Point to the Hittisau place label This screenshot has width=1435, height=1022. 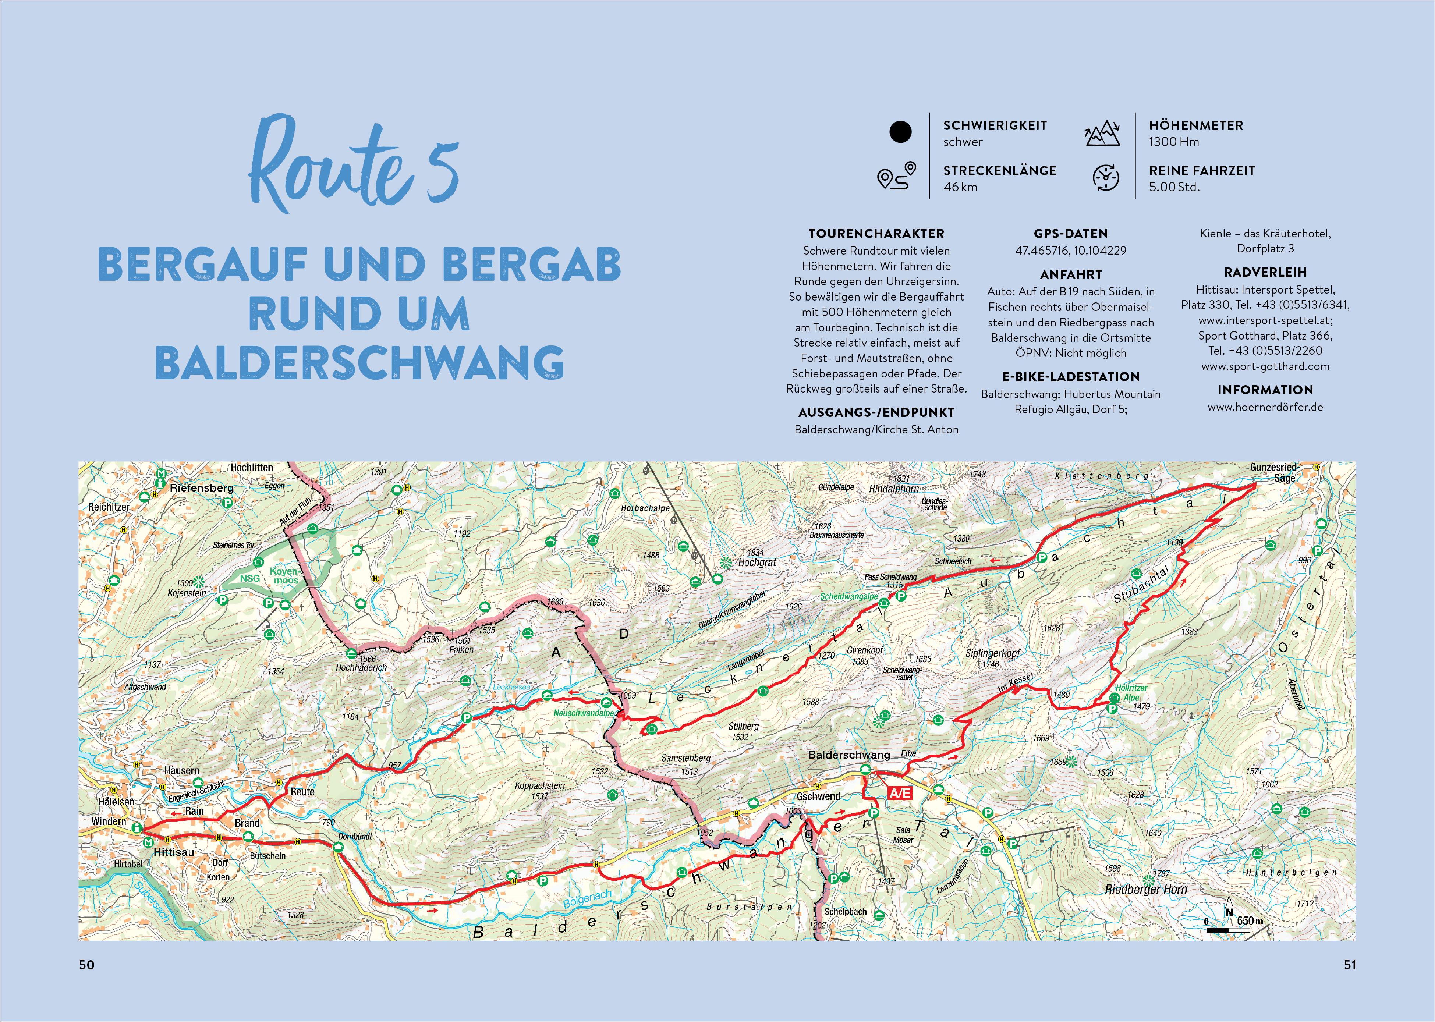(x=174, y=852)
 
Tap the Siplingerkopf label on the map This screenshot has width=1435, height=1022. (x=993, y=653)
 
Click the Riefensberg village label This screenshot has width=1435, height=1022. (x=201, y=488)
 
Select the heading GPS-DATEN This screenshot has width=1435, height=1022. (x=1071, y=234)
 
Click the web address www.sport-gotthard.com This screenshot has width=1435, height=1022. (x=1265, y=366)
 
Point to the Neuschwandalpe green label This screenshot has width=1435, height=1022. (x=584, y=713)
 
